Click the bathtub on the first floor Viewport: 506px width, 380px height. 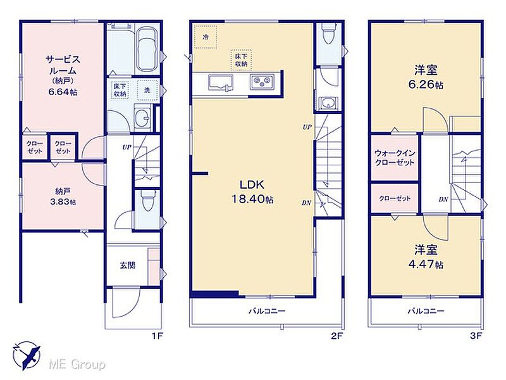[147, 49]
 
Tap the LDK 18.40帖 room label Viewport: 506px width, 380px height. [252, 192]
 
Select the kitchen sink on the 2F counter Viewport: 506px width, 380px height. [221, 82]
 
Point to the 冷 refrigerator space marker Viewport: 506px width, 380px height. [206, 37]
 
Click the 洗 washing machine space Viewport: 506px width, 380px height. [147, 90]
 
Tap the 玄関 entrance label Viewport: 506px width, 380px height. [128, 265]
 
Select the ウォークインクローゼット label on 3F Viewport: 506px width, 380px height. [395, 157]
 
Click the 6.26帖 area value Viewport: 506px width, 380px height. [426, 85]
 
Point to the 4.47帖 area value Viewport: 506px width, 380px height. [426, 265]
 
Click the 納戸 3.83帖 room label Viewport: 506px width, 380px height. [63, 196]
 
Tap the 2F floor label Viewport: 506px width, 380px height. [336, 336]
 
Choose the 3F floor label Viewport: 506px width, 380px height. [476, 336]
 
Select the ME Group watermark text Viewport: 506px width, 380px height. [77, 365]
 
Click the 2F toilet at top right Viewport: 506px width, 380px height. [328, 34]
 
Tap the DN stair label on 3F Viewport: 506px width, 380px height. [443, 199]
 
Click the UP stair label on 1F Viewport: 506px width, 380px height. [127, 148]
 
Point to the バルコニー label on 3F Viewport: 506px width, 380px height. [426, 311]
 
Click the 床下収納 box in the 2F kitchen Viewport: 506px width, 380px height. [241, 60]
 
